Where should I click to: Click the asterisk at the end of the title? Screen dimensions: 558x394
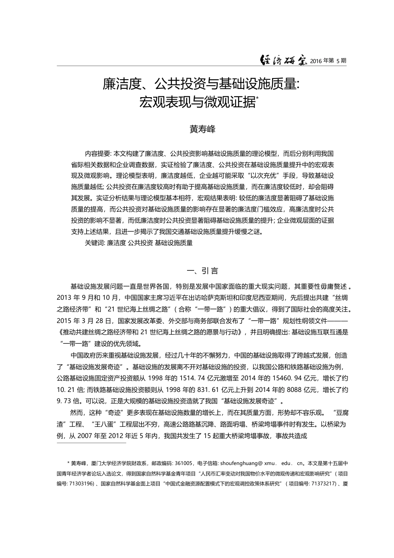point(257,98)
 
